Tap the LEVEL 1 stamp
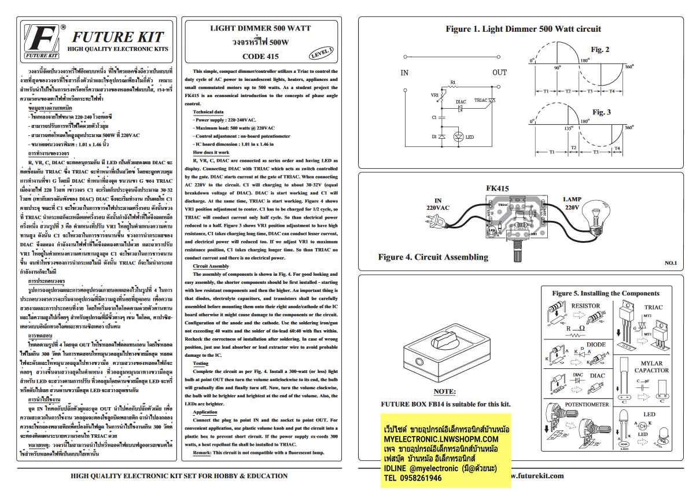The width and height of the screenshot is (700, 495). [320, 53]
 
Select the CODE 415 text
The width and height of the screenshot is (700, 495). [260, 57]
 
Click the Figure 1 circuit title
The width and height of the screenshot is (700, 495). [523, 29]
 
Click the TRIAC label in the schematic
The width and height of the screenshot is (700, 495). [480, 101]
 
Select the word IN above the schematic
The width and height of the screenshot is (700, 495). [404, 73]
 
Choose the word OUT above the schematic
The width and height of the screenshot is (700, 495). [499, 73]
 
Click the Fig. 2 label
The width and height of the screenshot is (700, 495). [600, 50]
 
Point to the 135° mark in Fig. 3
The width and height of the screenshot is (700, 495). [569, 128]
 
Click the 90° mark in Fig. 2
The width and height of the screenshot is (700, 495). [557, 68]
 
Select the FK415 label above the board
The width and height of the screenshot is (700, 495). [498, 189]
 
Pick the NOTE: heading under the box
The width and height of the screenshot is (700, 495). [444, 391]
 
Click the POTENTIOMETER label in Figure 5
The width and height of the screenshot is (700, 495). [587, 405]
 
